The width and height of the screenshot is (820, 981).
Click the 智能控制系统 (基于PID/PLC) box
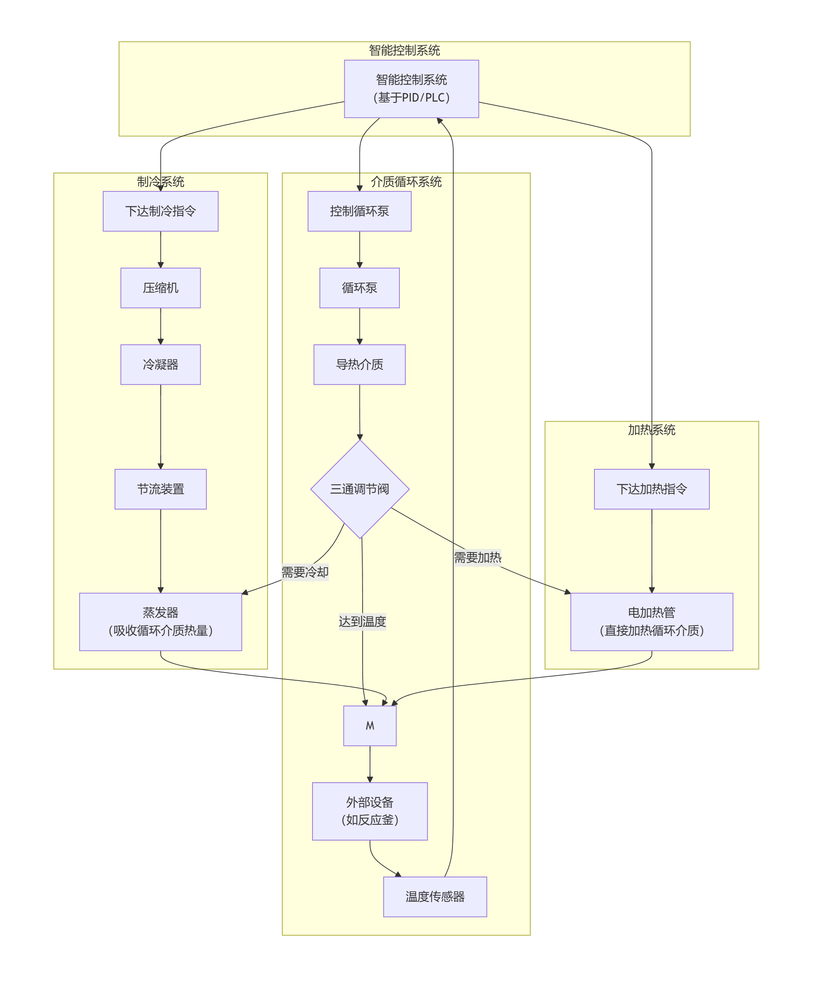(x=411, y=89)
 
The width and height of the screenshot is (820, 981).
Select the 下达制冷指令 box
(x=160, y=211)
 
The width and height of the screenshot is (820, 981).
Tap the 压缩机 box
(x=160, y=288)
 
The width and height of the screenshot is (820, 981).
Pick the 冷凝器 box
(x=160, y=364)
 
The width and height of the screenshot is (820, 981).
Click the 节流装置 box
(x=160, y=489)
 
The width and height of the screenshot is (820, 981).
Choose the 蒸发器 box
(x=160, y=621)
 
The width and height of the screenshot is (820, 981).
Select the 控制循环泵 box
(x=359, y=211)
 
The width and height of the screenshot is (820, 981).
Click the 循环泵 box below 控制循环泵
(x=359, y=288)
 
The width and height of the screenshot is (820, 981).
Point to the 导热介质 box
(x=359, y=364)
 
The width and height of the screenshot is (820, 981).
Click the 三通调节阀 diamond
(x=359, y=489)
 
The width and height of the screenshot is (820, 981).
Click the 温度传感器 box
(x=435, y=897)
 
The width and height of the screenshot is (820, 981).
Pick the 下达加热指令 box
(x=652, y=489)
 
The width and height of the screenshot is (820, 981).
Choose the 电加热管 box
(x=652, y=621)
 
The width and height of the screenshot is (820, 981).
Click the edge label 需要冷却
(x=305, y=572)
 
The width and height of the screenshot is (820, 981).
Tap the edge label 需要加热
(x=477, y=557)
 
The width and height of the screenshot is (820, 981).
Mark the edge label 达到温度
(x=362, y=621)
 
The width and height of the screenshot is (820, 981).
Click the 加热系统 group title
(x=652, y=430)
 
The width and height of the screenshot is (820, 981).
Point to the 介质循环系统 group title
(x=406, y=182)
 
